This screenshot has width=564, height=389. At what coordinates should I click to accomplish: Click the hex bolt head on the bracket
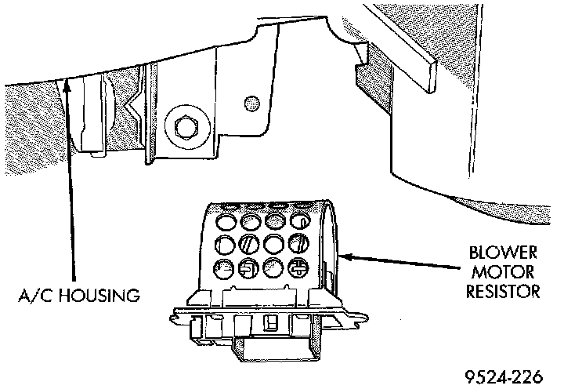(x=186, y=125)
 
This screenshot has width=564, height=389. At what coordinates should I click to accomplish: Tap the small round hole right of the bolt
(x=251, y=102)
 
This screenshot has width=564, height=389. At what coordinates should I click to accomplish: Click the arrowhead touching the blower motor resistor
(x=345, y=255)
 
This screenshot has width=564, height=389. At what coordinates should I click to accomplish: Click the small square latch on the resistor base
(x=271, y=322)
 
